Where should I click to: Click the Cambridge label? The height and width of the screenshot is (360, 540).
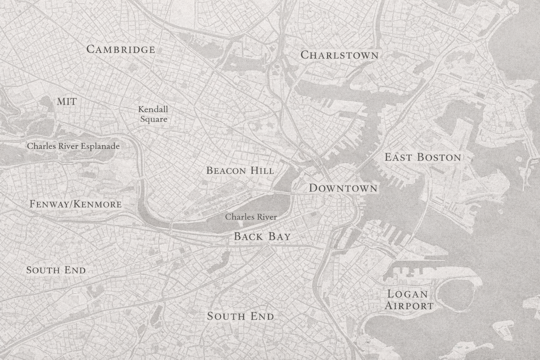pyautogui.click(x=121, y=49)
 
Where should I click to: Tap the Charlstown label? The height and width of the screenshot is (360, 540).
pyautogui.click(x=340, y=55)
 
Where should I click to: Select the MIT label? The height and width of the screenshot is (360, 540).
pyautogui.click(x=66, y=102)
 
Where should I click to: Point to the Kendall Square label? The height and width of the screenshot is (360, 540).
pyautogui.click(x=153, y=114)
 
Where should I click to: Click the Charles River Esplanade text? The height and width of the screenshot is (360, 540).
pyautogui.click(x=73, y=146)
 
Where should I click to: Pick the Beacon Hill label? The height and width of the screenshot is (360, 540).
pyautogui.click(x=240, y=171)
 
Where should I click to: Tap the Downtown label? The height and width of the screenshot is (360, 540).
pyautogui.click(x=343, y=188)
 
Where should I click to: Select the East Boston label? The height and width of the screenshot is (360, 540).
pyautogui.click(x=423, y=157)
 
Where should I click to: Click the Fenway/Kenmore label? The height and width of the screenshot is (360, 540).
pyautogui.click(x=76, y=204)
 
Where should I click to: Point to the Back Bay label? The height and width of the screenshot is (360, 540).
pyautogui.click(x=262, y=237)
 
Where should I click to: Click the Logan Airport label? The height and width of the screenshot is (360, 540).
pyautogui.click(x=409, y=300)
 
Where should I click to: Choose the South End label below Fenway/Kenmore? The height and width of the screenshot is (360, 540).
pyautogui.click(x=56, y=270)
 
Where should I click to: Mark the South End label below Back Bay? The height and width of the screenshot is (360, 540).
pyautogui.click(x=240, y=316)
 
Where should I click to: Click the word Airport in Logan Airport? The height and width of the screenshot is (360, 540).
pyautogui.click(x=409, y=306)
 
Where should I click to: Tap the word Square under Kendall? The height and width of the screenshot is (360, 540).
pyautogui.click(x=154, y=119)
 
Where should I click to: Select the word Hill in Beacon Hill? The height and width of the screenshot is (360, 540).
pyautogui.click(x=262, y=171)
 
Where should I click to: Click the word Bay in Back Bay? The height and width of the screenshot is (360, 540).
pyautogui.click(x=279, y=237)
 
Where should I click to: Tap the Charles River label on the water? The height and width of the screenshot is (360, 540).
pyautogui.click(x=251, y=217)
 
